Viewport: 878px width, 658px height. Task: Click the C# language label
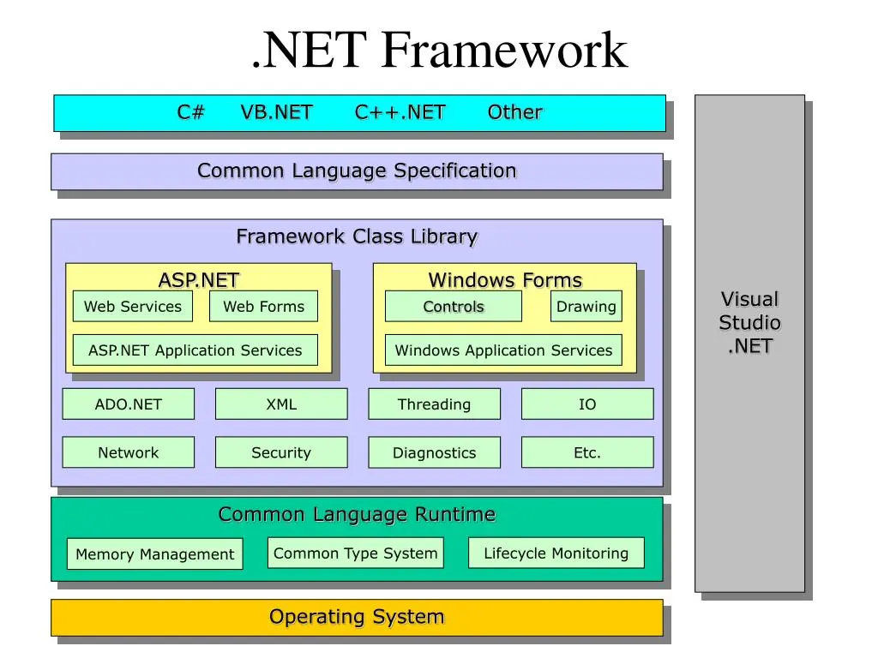click(x=191, y=112)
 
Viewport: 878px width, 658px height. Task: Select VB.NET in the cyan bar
click(x=277, y=112)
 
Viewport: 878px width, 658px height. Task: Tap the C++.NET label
click(x=400, y=112)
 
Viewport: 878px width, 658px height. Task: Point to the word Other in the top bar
click(x=515, y=112)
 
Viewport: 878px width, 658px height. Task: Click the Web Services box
click(x=133, y=306)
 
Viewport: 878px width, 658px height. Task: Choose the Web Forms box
click(x=264, y=306)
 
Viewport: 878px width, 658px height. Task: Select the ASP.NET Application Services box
click(x=195, y=350)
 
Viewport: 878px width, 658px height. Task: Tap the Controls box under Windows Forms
click(x=454, y=306)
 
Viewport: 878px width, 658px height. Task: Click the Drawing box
click(x=586, y=306)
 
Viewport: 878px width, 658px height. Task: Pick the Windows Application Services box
click(x=503, y=350)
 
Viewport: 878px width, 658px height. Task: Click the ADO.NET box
click(x=129, y=404)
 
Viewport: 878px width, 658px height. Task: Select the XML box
click(x=281, y=404)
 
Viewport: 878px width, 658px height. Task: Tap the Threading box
click(x=435, y=404)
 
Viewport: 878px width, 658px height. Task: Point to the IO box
click(x=587, y=404)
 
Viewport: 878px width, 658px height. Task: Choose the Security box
click(x=281, y=452)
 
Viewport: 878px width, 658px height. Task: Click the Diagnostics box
click(x=435, y=452)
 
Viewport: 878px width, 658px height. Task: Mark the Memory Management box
click(x=155, y=554)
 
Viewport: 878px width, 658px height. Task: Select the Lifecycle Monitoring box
click(x=556, y=553)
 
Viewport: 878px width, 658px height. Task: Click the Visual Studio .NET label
click(x=749, y=323)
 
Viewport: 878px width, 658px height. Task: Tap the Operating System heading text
click(x=357, y=617)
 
